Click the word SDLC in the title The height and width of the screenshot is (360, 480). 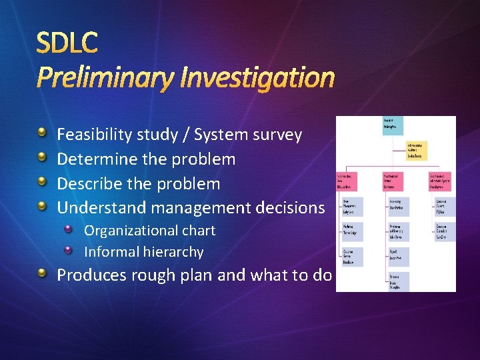pos(67,43)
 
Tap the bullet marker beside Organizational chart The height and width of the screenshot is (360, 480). pos(69,230)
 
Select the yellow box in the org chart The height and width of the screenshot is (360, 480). pos(417,150)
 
